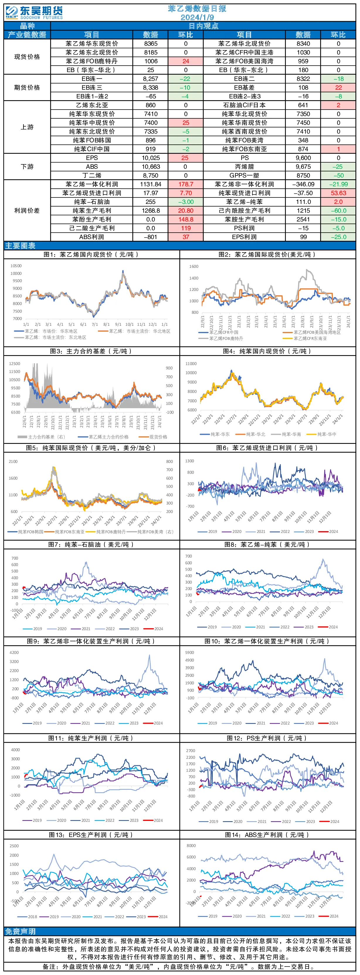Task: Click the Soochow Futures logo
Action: coord(34,13)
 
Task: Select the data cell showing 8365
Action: coord(151,44)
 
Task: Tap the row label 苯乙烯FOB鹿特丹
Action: coord(91,61)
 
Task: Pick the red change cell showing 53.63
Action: coord(338,193)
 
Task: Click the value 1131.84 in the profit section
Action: coord(151,184)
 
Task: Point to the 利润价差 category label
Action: coord(27,210)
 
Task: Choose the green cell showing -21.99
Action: coord(338,184)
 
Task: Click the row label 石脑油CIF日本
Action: coord(244,105)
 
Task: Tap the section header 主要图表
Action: coord(20,246)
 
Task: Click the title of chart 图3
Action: coord(91,351)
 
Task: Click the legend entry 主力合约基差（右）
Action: coord(41,437)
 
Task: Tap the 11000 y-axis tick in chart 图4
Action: coord(191,364)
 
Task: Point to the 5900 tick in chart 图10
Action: coord(189,652)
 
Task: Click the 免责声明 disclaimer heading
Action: coord(20,931)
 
